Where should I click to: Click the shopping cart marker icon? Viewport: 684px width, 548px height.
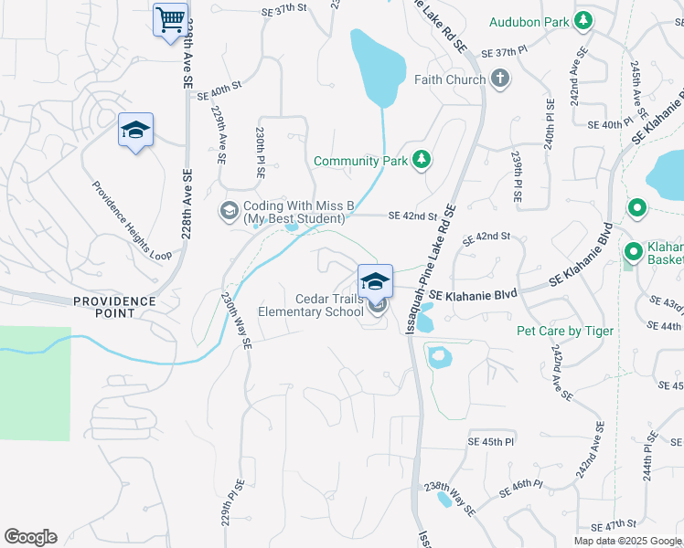pos(170,19)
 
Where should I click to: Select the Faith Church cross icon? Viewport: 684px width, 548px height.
pos(499,79)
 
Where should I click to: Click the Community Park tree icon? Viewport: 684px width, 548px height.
pos(421,161)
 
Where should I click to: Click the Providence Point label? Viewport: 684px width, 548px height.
pos(114,307)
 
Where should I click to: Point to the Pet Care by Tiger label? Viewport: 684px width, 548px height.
pos(565,331)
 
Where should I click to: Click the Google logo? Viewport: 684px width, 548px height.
pos(30,537)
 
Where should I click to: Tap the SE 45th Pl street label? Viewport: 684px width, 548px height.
pos(498,441)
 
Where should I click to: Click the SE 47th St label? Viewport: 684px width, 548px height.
pos(613,525)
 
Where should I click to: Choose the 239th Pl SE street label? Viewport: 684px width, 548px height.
pos(517,176)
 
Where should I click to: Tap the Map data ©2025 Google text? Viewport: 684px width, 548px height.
pos(626,541)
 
